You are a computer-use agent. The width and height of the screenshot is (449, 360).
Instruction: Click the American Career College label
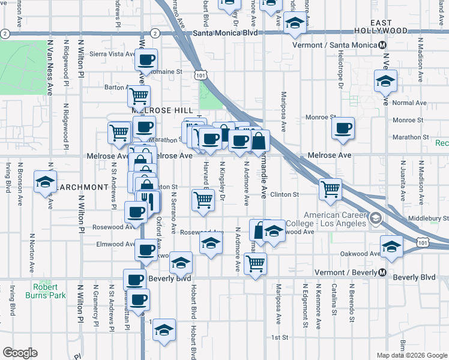click(x=335, y=220)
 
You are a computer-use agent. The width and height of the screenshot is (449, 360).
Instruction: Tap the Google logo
click(x=20, y=353)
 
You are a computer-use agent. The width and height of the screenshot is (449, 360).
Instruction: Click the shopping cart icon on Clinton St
click(x=330, y=189)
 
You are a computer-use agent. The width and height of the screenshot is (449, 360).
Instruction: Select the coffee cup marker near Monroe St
click(x=343, y=128)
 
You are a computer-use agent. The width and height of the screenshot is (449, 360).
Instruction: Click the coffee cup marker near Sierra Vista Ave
click(x=146, y=59)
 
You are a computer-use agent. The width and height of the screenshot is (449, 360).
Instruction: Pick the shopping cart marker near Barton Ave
click(x=139, y=95)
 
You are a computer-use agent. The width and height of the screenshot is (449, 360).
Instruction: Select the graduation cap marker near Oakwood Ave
click(x=391, y=246)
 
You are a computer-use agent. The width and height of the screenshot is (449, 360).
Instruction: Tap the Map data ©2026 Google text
click(x=411, y=355)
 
